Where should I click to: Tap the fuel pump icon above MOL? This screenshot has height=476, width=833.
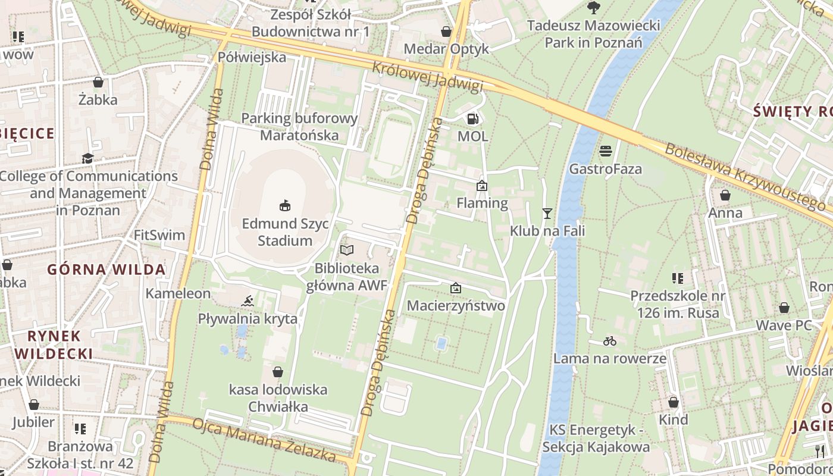[x=472, y=118]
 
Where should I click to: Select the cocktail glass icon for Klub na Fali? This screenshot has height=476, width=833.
[x=547, y=213]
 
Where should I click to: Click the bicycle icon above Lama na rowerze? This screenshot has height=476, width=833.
[x=610, y=342]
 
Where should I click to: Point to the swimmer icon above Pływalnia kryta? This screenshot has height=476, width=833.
[x=248, y=301]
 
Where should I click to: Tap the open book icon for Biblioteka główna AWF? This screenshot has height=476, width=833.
[x=347, y=250]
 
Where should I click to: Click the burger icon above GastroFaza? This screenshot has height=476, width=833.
[x=606, y=151]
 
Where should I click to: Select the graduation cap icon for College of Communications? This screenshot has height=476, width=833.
[x=88, y=158]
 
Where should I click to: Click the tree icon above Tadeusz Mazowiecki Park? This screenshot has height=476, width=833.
[x=593, y=8]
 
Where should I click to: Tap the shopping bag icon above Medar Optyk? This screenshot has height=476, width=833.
[x=446, y=31]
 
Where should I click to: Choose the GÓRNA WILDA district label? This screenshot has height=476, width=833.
[x=107, y=270]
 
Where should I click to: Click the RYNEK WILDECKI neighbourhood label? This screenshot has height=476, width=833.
[x=54, y=345]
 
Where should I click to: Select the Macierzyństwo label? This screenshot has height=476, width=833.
[x=456, y=306]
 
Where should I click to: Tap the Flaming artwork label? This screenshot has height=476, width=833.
[x=482, y=203]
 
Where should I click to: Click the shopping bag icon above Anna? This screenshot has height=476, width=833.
[x=725, y=195]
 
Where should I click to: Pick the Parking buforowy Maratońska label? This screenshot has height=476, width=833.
[x=299, y=127]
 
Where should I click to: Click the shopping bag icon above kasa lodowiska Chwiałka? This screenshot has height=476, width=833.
[x=277, y=372]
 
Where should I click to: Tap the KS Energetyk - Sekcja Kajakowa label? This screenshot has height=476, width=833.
[x=599, y=439]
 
